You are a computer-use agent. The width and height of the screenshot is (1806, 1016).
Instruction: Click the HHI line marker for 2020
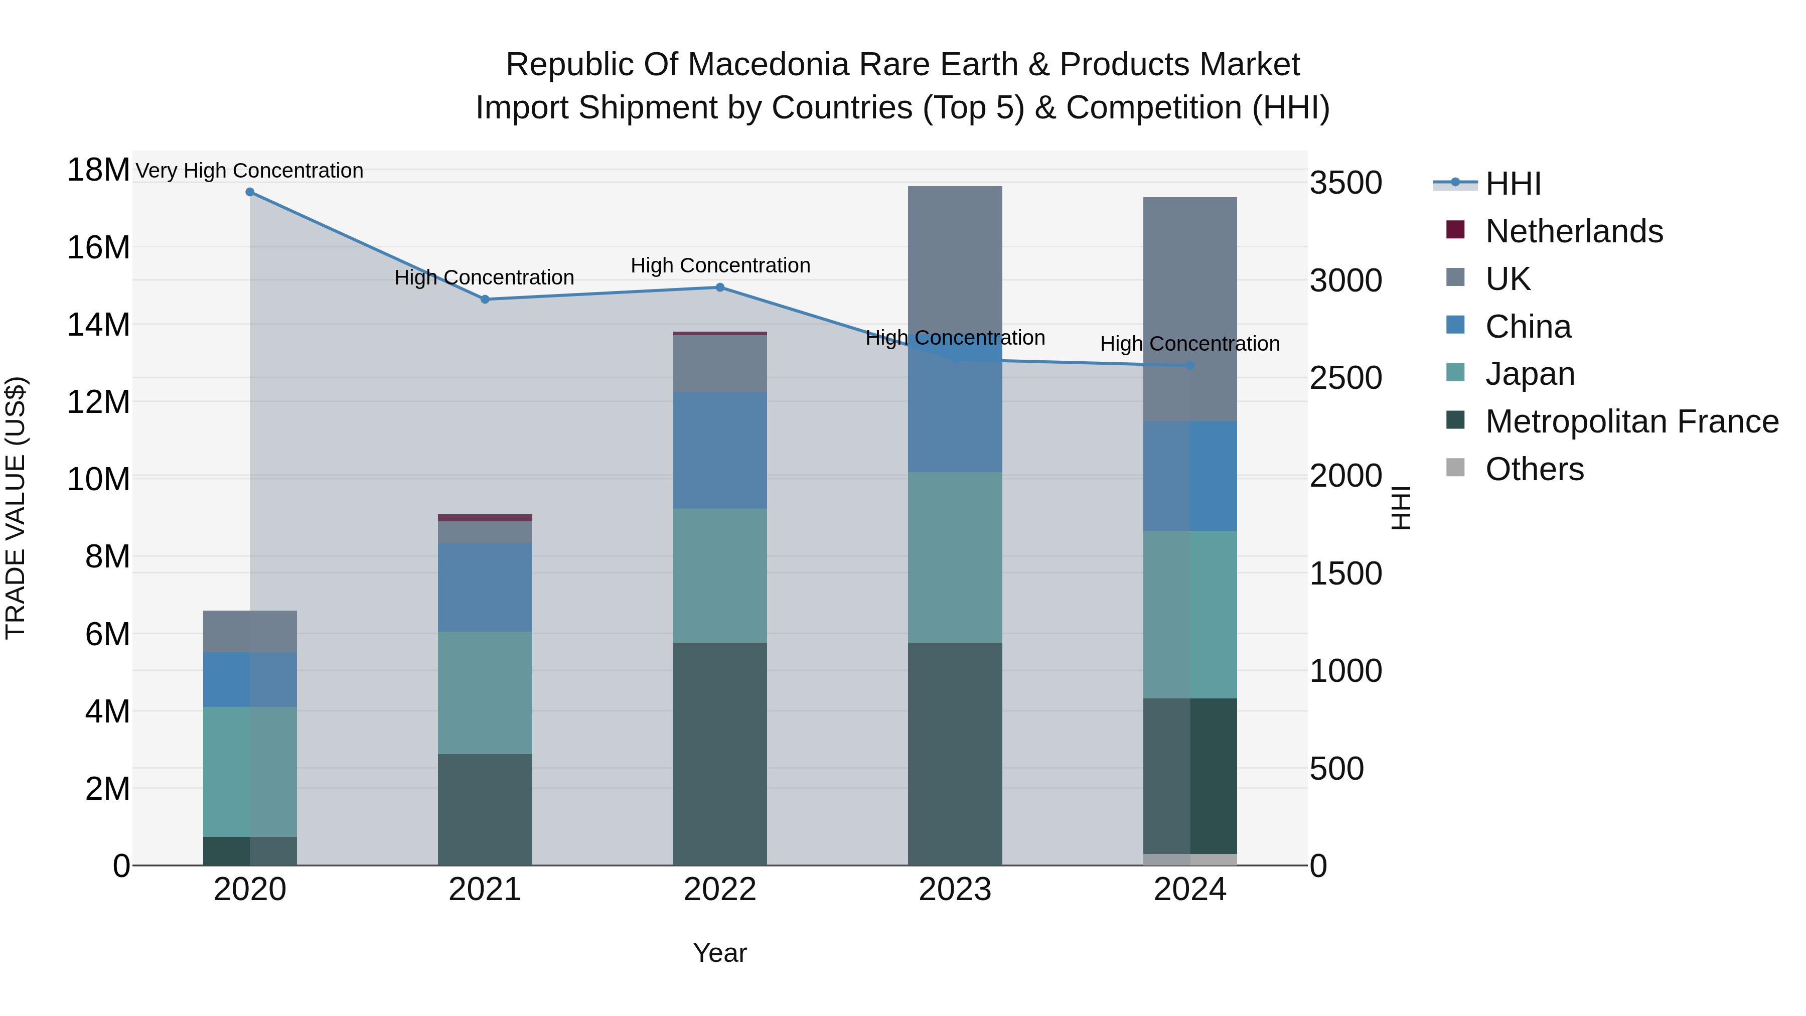(x=250, y=192)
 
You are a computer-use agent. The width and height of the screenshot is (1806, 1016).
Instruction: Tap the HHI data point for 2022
(x=720, y=287)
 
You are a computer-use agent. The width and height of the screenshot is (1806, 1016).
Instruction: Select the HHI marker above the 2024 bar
(x=1190, y=366)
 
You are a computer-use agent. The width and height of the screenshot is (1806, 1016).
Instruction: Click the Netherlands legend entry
(x=1573, y=231)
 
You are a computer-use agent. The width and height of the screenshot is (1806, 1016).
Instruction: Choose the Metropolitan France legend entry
(x=1631, y=421)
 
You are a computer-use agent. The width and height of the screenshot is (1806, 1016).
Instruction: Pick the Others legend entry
(x=1534, y=469)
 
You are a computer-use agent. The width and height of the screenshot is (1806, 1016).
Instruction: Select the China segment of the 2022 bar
(x=720, y=450)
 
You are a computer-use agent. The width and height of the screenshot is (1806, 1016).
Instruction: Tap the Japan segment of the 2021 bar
(x=485, y=693)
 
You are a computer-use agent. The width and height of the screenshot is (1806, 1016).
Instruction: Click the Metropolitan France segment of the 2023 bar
(x=955, y=754)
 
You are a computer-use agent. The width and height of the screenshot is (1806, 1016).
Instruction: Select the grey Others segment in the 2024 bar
(x=1190, y=859)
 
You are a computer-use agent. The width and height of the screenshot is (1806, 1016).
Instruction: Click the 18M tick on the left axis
(x=98, y=171)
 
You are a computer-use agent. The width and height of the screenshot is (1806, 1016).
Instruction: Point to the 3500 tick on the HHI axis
(x=1345, y=184)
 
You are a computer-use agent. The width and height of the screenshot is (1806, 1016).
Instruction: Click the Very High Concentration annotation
(x=250, y=171)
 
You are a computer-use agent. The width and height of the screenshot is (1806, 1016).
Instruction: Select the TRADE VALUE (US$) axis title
(x=16, y=508)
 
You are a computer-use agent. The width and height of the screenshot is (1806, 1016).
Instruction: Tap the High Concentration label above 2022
(x=720, y=266)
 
